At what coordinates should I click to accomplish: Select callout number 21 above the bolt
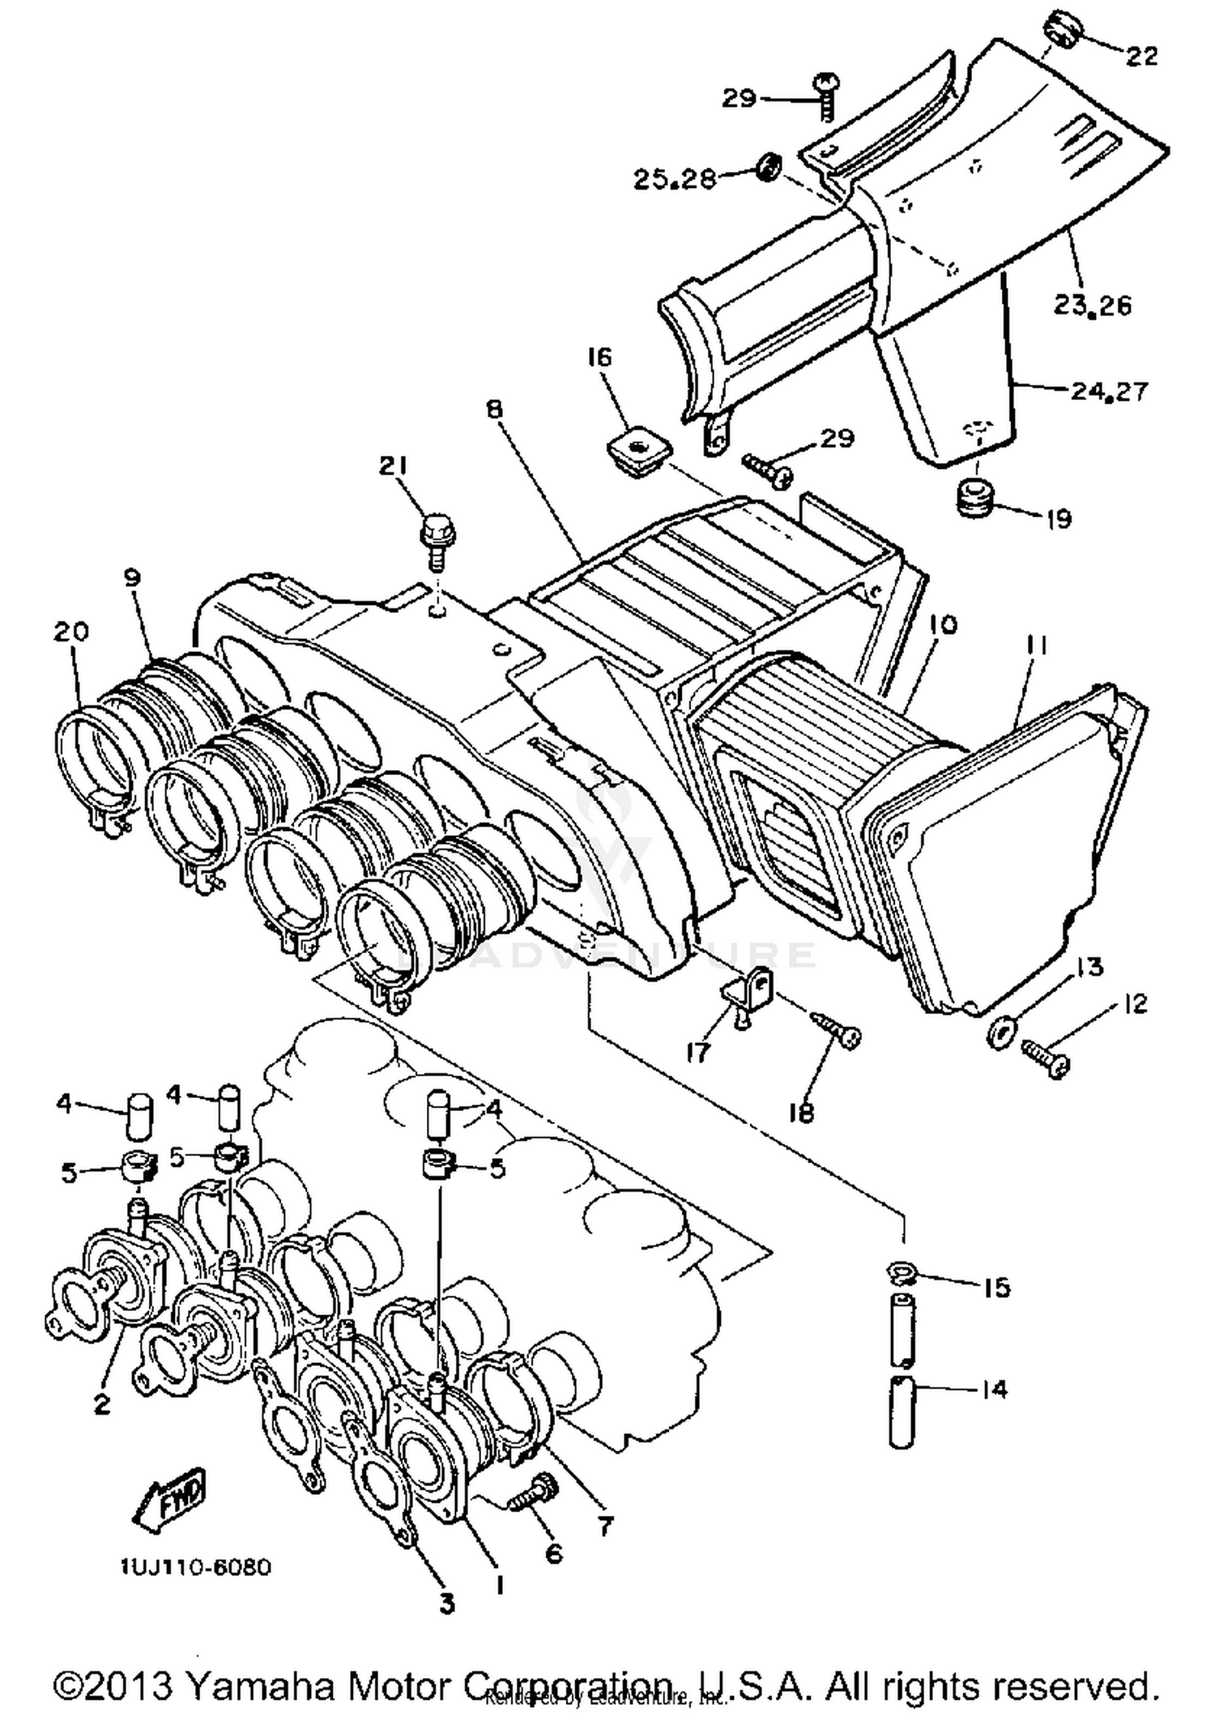pyautogui.click(x=393, y=466)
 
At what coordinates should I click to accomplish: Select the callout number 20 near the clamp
pyautogui.click(x=70, y=631)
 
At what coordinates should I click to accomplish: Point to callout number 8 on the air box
pyautogui.click(x=494, y=409)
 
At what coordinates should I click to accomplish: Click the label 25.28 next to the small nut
pyautogui.click(x=674, y=178)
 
